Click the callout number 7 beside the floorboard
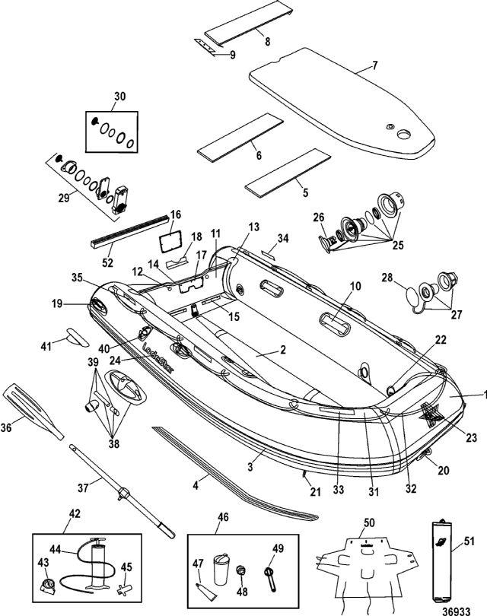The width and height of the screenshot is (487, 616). tap(374, 65)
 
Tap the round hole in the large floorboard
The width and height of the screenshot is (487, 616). tap(403, 135)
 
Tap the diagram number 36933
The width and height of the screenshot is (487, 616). tap(457, 611)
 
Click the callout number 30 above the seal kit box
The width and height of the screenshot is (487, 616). tap(120, 97)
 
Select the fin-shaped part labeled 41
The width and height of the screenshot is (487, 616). tap(78, 338)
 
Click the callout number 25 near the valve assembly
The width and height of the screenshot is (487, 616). tap(398, 245)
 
